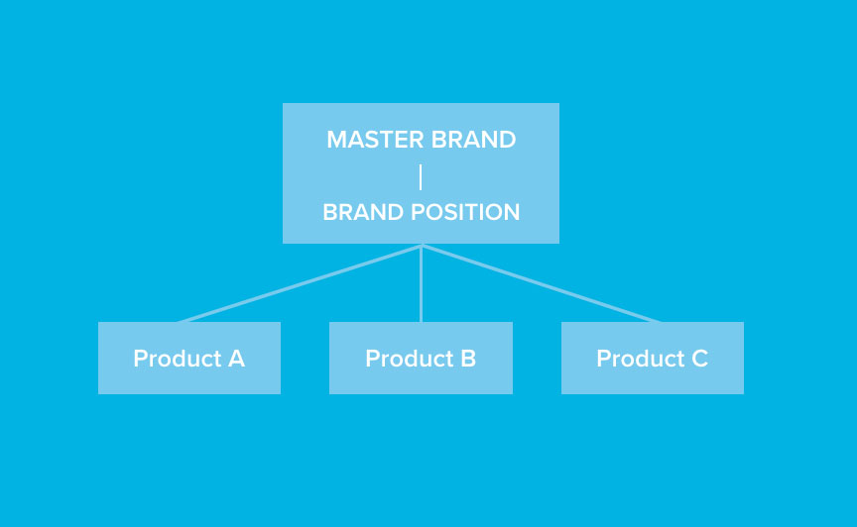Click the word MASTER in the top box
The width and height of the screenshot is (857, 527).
tap(376, 140)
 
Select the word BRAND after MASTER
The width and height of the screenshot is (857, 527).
tap(473, 140)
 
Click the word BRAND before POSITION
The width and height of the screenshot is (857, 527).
tap(364, 212)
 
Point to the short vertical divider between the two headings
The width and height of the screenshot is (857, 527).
tap(421, 177)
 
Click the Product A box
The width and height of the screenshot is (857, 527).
tap(189, 358)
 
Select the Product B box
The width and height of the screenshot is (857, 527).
tap(421, 358)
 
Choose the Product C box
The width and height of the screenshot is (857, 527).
tap(653, 358)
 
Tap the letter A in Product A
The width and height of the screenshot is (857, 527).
tap(236, 359)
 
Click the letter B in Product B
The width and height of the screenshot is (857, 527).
tap(468, 359)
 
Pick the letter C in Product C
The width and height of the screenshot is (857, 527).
tap(700, 359)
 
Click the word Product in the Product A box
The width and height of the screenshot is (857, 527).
tap(178, 359)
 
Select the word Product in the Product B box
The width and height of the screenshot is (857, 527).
tap(410, 359)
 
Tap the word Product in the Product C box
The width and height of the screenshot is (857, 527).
tap(641, 359)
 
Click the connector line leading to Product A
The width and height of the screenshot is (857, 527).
tap(300, 284)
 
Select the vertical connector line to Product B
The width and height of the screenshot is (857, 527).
tap(421, 284)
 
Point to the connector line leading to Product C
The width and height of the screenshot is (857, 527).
tap(542, 284)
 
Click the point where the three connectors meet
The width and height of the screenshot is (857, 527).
tap(422, 247)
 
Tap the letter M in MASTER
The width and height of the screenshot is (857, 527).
tap(336, 140)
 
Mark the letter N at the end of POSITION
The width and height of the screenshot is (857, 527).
tap(511, 212)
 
